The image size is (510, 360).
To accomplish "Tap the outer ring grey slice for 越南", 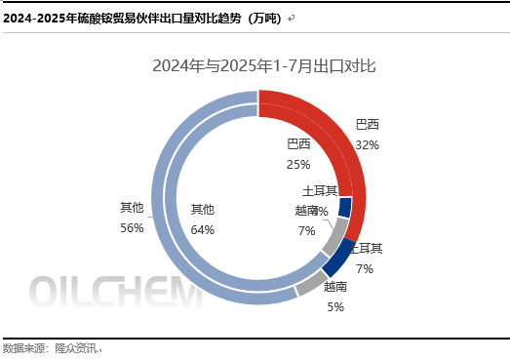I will (x=311, y=283).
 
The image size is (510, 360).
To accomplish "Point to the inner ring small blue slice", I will (x=344, y=208).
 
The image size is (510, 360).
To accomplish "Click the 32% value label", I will (x=368, y=144).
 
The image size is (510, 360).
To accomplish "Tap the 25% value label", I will (x=298, y=164).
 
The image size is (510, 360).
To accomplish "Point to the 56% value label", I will (x=132, y=227).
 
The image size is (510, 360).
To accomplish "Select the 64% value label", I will (x=203, y=229).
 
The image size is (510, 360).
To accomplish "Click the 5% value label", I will (x=334, y=306).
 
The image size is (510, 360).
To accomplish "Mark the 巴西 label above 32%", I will (x=368, y=125).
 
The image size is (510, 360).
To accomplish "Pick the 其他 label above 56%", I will (x=132, y=208).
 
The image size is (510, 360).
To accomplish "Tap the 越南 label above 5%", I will (x=334, y=288).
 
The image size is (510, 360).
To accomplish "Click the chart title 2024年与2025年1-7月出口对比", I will (x=263, y=66).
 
